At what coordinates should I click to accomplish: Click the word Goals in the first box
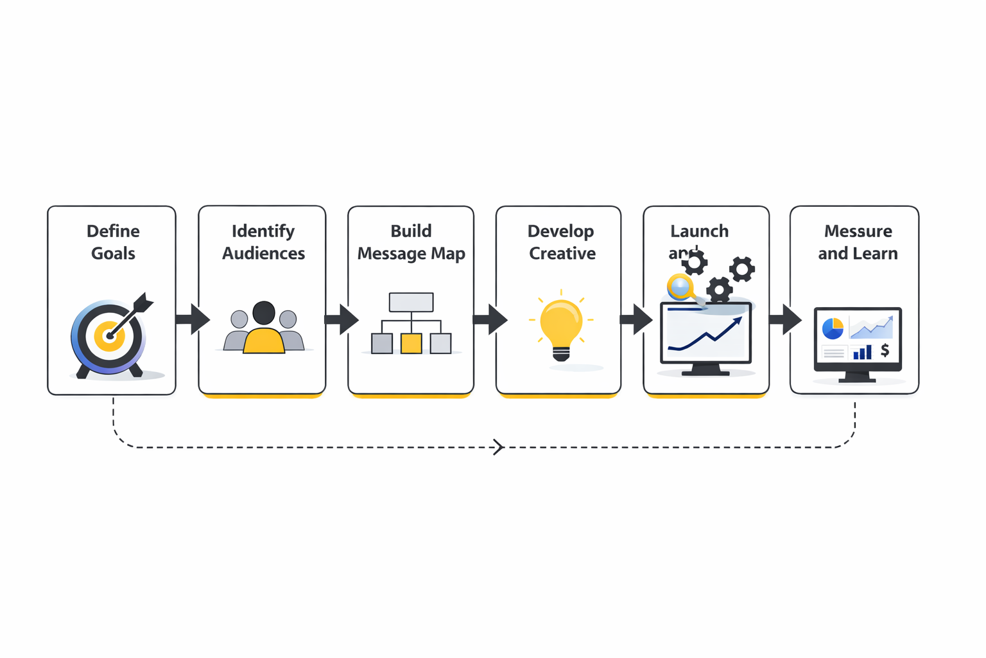(113, 253)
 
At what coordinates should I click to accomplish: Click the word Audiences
(263, 253)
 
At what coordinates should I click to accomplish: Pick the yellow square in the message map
(411, 343)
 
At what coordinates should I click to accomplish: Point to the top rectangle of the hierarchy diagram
(411, 302)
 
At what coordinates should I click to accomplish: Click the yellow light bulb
(561, 325)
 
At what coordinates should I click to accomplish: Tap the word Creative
(562, 253)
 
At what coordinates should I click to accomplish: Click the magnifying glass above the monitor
(680, 287)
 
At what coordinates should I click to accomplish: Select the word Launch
(699, 231)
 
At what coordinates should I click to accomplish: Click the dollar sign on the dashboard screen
(885, 350)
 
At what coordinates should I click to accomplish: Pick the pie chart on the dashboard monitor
(833, 328)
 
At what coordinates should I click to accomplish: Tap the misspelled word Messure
(858, 231)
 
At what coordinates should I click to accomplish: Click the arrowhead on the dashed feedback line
(499, 447)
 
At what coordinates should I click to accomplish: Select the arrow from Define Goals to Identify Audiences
(193, 319)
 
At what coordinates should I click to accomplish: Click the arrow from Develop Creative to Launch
(636, 319)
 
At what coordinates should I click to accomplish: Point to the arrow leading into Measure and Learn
(785, 319)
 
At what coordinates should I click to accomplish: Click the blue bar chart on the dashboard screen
(862, 352)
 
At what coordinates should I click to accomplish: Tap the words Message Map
(411, 253)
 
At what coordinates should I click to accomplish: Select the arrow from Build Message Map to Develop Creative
(490, 319)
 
